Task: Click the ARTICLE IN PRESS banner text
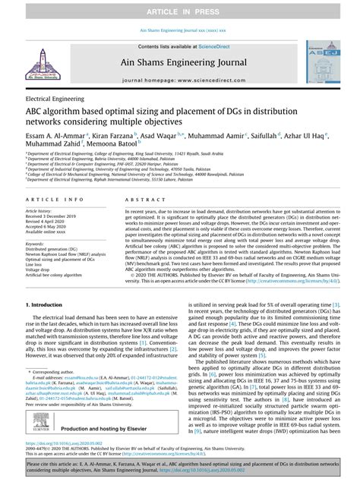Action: (180, 8)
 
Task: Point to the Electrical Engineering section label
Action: (58, 99)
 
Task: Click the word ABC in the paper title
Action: (37, 112)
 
